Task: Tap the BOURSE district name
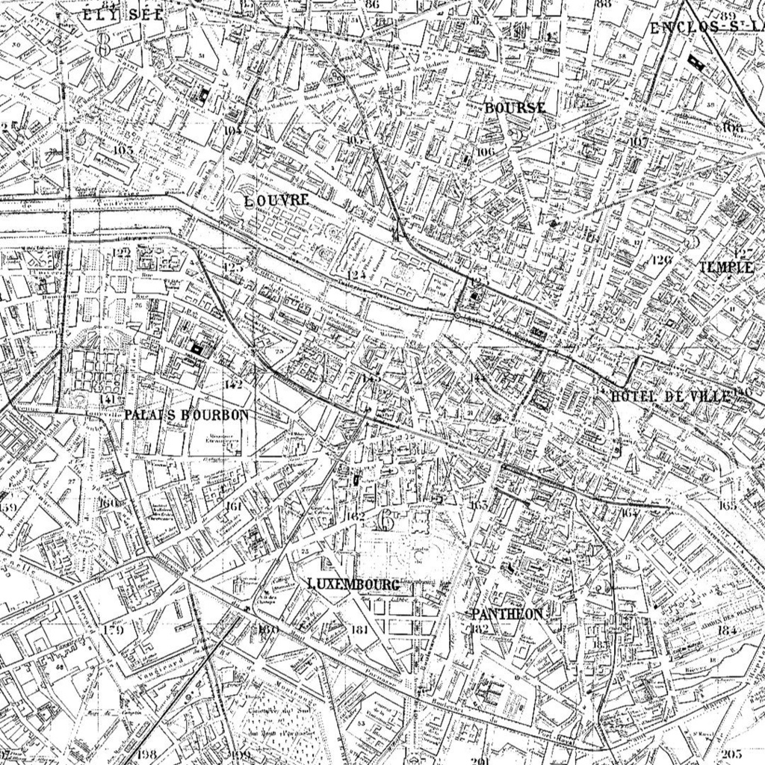(515, 108)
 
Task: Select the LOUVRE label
(276, 200)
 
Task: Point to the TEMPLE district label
(725, 267)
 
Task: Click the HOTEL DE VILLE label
(670, 397)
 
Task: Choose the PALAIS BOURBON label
(186, 414)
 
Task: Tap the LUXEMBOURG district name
(353, 583)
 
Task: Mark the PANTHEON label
(507, 613)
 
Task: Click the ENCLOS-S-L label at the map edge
(706, 28)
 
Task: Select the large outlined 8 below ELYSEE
(103, 43)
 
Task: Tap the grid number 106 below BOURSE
(485, 152)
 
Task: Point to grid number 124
(356, 275)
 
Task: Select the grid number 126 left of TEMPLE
(661, 259)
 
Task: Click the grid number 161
(234, 507)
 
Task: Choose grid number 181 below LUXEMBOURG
(359, 629)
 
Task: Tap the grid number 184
(726, 629)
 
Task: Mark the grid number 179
(113, 630)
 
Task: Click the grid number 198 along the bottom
(147, 754)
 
